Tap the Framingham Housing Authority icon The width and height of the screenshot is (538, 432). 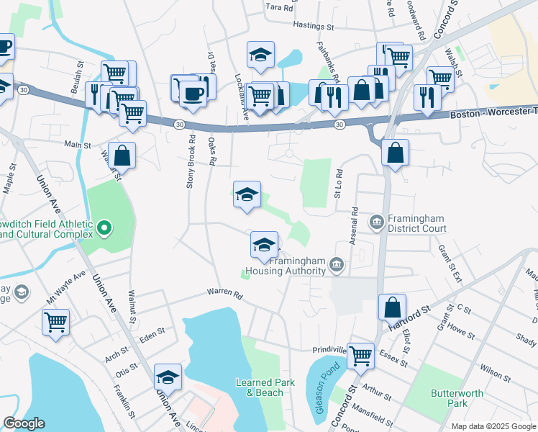click(x=336, y=267)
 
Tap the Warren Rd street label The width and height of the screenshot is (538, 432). click(x=224, y=294)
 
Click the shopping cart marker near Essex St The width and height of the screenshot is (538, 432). click(x=360, y=354)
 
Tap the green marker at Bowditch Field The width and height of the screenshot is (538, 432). click(x=104, y=229)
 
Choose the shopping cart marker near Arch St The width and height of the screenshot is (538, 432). click(x=55, y=322)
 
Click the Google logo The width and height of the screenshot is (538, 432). click(x=23, y=423)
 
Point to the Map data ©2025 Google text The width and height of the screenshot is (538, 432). click(x=493, y=426)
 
